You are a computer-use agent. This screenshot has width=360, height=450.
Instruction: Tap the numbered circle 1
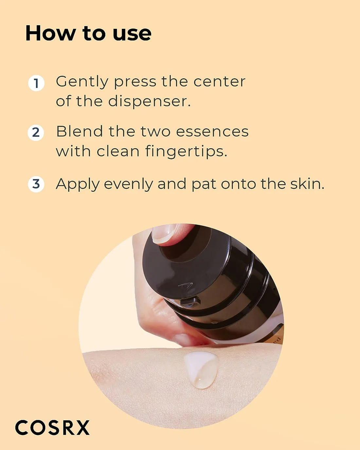(36, 83)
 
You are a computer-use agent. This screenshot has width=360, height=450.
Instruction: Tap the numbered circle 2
(36, 133)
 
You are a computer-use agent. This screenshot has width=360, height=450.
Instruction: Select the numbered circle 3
(36, 184)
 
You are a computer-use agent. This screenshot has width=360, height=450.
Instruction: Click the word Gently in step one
(82, 82)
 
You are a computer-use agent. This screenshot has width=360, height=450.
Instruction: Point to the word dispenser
(149, 101)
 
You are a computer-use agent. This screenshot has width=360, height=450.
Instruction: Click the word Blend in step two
(80, 132)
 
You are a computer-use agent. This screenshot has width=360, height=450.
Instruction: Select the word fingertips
(186, 152)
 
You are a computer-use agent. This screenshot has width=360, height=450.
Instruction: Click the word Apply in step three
(78, 185)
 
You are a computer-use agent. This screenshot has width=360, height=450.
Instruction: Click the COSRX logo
(52, 428)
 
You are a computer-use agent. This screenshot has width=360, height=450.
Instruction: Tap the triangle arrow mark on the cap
(186, 286)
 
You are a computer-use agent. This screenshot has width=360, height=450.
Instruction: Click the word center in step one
(219, 82)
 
